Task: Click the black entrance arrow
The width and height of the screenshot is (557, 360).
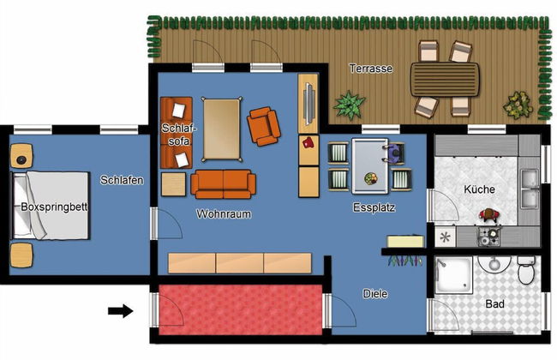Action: (x=121, y=311)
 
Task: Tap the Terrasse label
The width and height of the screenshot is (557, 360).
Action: (x=371, y=69)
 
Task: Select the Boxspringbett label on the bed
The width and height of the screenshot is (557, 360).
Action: (x=54, y=207)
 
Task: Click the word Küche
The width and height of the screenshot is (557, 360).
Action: (x=479, y=189)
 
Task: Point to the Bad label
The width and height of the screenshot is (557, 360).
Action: (x=494, y=303)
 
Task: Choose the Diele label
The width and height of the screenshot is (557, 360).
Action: (x=375, y=293)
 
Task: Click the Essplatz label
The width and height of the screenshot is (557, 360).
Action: (x=374, y=207)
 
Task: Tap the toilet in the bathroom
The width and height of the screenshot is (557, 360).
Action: (x=526, y=270)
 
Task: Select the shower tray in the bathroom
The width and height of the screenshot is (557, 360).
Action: (x=453, y=275)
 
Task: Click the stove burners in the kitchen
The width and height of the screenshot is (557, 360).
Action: (x=489, y=237)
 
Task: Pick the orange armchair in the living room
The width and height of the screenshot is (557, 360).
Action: (x=264, y=127)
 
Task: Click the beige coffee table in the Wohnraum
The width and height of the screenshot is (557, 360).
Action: (x=221, y=129)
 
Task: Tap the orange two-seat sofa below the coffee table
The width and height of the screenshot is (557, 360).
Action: (x=223, y=184)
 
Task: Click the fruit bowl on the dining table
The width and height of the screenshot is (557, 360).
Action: (x=371, y=178)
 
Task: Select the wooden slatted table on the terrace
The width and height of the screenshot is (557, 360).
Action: (x=445, y=79)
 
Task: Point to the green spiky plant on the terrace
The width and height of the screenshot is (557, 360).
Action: (x=349, y=105)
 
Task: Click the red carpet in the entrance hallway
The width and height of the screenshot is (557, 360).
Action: (x=241, y=309)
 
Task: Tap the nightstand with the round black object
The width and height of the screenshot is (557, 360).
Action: (x=21, y=156)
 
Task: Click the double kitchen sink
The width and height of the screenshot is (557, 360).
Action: (x=530, y=189)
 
